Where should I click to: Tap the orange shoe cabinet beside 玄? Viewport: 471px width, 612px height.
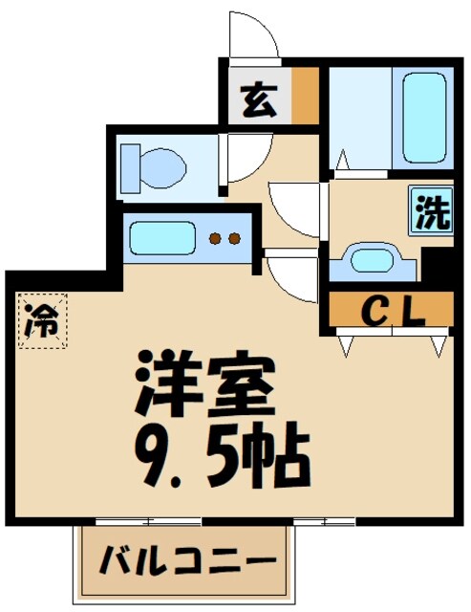pos(305,95)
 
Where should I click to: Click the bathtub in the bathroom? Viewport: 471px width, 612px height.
pos(423,116)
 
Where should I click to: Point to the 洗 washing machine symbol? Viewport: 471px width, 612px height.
pos(431,210)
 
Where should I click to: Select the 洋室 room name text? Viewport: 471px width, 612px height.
pos(205,382)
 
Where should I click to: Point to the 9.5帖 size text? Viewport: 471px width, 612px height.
pos(225,456)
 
